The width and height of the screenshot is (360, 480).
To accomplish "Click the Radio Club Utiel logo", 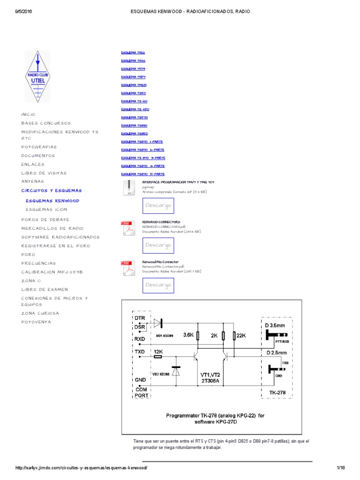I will [37, 76].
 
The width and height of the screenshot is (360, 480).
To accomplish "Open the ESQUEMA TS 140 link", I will [134, 101].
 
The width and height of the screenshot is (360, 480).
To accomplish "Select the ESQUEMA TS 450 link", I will [135, 109].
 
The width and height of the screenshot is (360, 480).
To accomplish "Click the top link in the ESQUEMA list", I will [133, 52].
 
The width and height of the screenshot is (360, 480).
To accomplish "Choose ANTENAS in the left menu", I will [32, 181].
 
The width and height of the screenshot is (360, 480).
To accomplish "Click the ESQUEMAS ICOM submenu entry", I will [46, 210].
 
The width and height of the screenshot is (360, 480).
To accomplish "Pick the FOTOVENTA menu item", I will [36, 322].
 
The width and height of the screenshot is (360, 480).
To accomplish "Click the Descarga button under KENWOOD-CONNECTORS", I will [158, 245].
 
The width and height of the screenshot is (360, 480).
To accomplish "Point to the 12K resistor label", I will [158, 351].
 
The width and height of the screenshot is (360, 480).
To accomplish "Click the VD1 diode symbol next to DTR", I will [157, 322].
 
